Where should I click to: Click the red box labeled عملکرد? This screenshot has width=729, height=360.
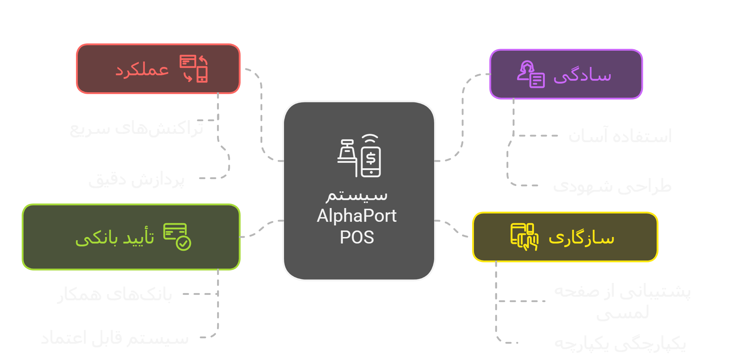[x=158, y=69]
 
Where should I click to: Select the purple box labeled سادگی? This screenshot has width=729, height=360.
[x=566, y=74]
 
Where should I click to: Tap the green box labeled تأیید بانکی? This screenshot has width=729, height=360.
[x=131, y=237]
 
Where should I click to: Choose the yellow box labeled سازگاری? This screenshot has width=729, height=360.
[x=565, y=237]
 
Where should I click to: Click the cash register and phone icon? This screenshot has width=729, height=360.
[x=359, y=156]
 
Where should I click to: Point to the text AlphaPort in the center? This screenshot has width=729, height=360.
[x=357, y=216]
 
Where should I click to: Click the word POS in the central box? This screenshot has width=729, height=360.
[x=357, y=237]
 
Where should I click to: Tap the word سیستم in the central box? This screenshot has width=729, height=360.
[x=357, y=195]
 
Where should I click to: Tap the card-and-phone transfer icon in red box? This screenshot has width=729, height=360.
[x=194, y=68]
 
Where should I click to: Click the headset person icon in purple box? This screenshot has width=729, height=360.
[x=530, y=74]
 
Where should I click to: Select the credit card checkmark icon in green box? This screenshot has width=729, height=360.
[x=177, y=237]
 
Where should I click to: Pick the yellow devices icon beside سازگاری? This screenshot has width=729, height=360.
[x=524, y=237]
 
